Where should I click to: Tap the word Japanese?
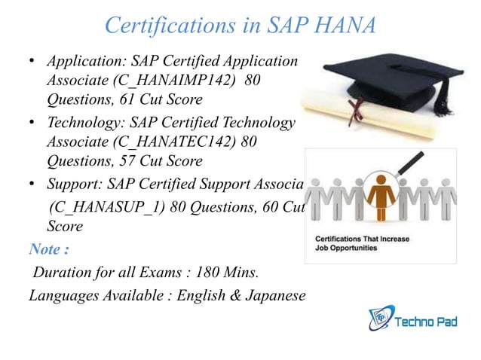(x=274, y=295)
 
